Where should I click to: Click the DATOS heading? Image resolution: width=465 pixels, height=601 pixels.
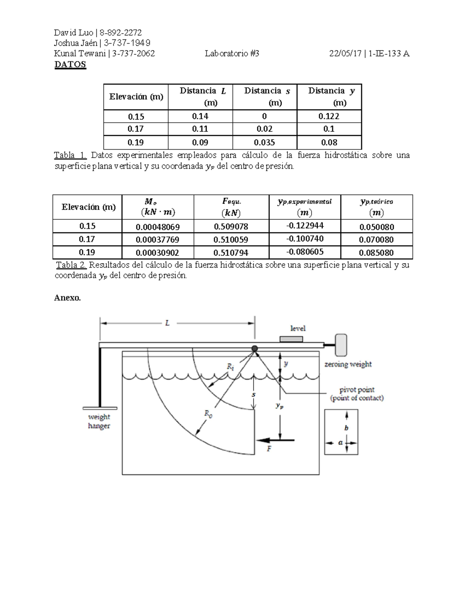(70, 64)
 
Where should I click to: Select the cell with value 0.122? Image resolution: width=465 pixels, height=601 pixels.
(329, 116)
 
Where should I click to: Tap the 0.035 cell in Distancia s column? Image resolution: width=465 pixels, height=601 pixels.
(264, 142)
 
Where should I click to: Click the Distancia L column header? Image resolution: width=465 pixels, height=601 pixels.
(200, 96)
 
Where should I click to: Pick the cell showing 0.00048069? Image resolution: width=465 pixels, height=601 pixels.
(157, 227)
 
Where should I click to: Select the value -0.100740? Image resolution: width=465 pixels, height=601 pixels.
(305, 239)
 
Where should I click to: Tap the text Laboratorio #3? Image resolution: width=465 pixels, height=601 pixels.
(232, 54)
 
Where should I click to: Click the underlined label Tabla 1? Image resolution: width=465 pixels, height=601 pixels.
(70, 155)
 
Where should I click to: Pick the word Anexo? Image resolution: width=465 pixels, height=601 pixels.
(67, 298)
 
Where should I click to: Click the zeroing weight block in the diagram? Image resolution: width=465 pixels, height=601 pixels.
(341, 345)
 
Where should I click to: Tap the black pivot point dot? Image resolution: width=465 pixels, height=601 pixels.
(255, 349)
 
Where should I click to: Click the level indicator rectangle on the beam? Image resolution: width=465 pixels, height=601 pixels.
(291, 339)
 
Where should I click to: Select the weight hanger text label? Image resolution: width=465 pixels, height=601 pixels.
(99, 421)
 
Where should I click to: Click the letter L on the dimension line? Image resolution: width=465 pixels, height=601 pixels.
(167, 323)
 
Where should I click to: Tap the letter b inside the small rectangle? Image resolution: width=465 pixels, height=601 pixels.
(346, 428)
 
